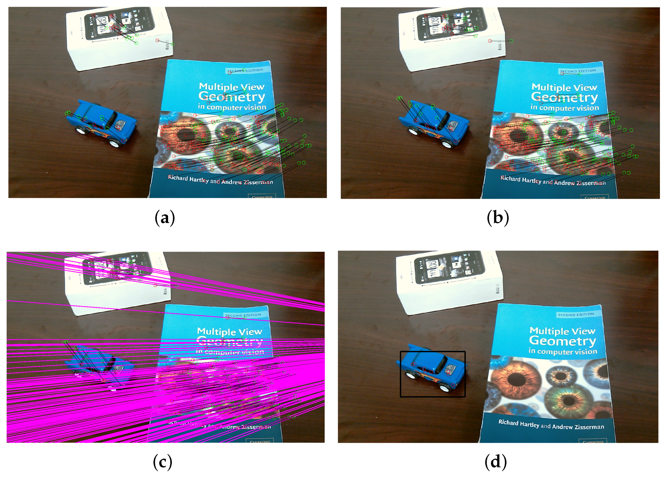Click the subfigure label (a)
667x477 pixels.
point(165,218)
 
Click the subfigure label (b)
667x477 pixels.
point(498,218)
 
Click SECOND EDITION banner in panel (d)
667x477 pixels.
point(576,315)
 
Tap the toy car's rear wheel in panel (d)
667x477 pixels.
point(410,375)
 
